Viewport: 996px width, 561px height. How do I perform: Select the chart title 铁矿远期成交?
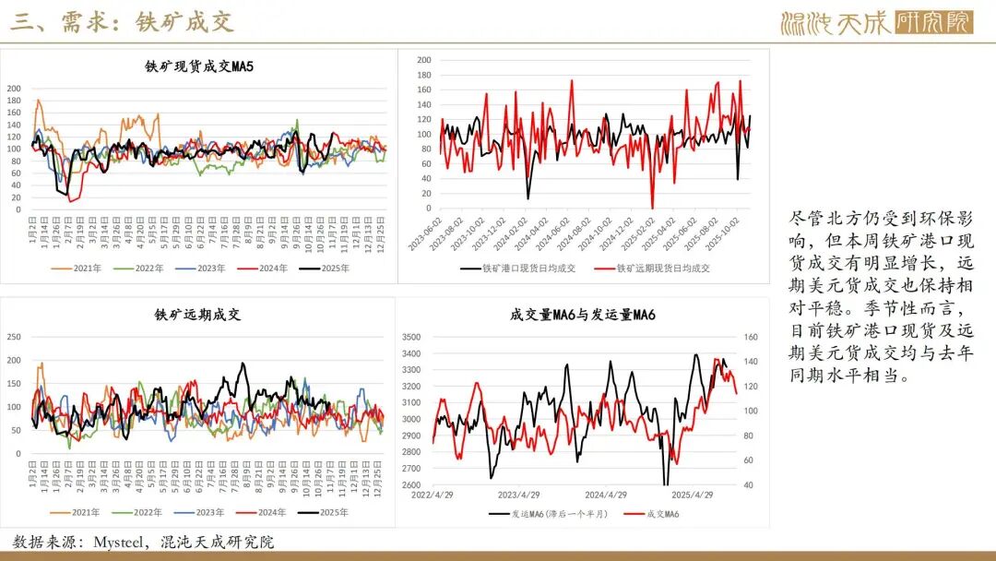197,315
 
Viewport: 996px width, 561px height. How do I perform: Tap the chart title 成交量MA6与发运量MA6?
582,315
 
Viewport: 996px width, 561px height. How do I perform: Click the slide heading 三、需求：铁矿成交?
122,21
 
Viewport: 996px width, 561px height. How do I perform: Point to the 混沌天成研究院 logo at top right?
876,22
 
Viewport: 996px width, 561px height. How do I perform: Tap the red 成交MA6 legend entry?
656,513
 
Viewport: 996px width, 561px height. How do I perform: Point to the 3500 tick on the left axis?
412,337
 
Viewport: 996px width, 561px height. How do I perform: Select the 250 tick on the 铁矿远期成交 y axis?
13,337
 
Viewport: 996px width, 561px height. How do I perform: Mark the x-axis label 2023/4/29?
529,495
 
